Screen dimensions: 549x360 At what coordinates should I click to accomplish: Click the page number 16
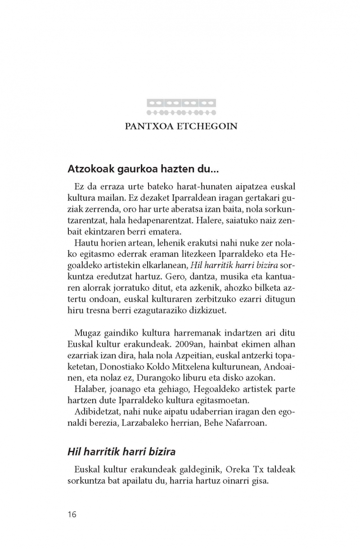(72, 514)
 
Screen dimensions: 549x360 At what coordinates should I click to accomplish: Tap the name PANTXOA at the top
(148, 126)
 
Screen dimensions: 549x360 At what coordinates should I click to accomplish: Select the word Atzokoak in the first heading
(88, 169)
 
